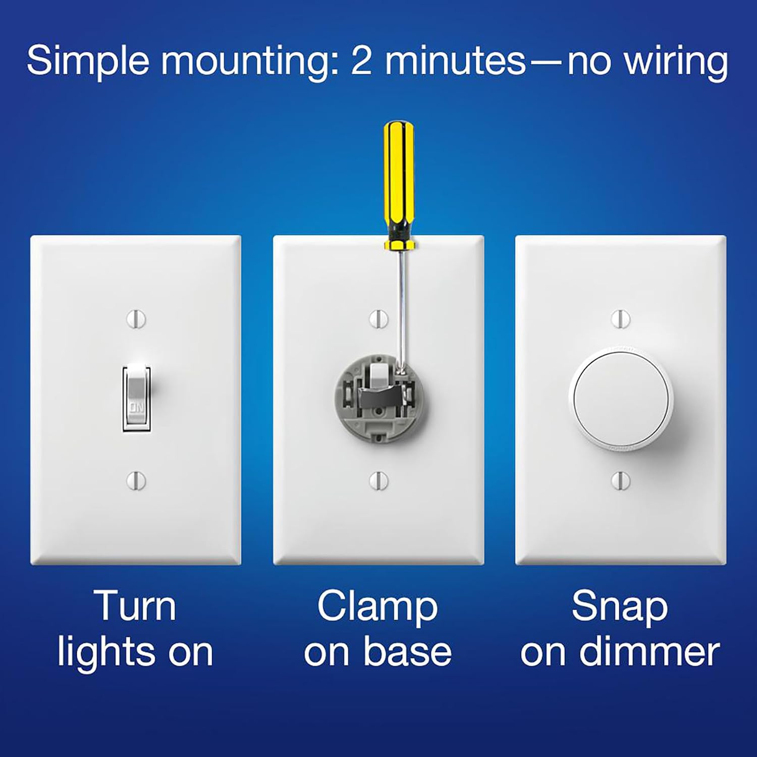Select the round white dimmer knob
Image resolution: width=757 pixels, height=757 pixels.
(621, 399)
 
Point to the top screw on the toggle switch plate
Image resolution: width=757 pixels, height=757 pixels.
(136, 319)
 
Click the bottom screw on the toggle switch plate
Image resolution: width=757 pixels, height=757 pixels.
(136, 480)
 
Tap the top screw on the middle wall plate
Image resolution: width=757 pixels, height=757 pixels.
(379, 319)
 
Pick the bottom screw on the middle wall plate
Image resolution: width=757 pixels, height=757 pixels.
(379, 480)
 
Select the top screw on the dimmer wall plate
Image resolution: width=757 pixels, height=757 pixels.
(621, 319)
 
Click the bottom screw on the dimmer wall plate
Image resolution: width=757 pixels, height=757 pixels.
(621, 480)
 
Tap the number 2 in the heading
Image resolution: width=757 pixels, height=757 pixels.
(362, 61)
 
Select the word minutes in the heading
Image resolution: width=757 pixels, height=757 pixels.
(456, 61)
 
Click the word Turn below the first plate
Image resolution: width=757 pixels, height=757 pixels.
(135, 606)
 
